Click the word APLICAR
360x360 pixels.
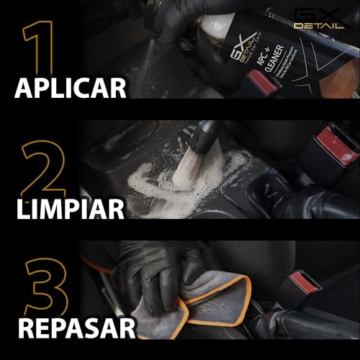[x=71, y=88]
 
